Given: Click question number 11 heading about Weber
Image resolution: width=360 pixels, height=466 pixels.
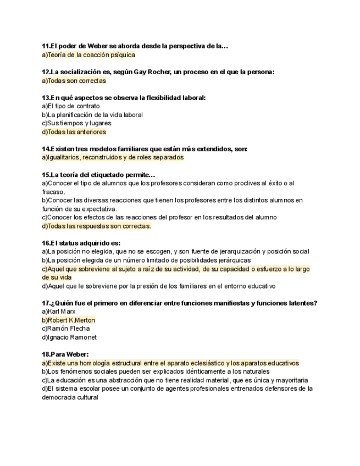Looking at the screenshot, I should coord(135,46).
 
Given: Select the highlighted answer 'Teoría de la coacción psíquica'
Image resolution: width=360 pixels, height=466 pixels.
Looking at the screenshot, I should coord(88,55).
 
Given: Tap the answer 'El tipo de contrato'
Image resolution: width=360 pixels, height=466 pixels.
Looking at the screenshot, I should coord(71,106).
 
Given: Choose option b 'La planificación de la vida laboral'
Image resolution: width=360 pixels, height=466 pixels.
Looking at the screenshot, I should coord(92,115).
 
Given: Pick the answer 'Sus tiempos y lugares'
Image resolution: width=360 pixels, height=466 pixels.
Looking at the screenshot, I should coord(76,123).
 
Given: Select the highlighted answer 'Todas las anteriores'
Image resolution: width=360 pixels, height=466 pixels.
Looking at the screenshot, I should coord(74,132).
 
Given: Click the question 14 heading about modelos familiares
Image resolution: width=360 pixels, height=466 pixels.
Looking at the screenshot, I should coord(144,149).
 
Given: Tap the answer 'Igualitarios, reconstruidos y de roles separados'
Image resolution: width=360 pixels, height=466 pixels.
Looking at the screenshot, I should coord(113,157).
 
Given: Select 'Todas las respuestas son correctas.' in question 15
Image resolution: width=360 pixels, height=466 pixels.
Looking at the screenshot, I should coord(96,226).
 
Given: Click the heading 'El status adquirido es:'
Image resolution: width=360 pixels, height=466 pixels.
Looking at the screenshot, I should coord(81,243).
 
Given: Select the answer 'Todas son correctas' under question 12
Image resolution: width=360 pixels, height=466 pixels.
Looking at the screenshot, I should coord(74,81).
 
